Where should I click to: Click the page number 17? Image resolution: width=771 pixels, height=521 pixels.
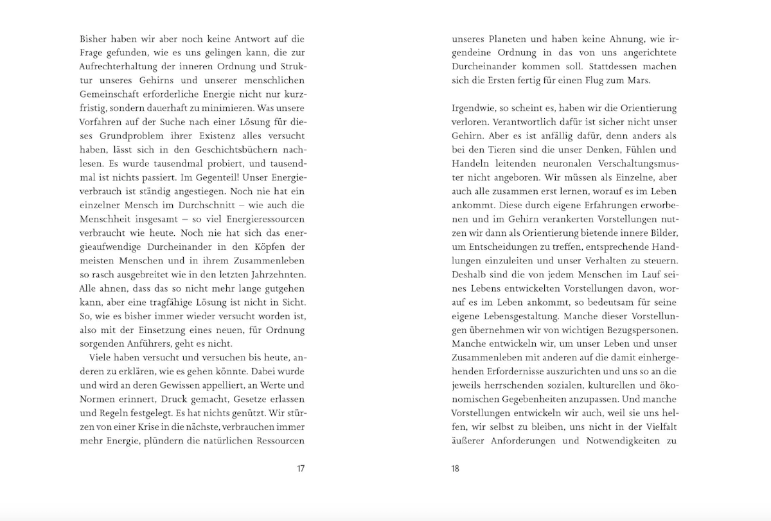300,468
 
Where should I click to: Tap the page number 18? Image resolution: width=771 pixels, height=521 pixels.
455,468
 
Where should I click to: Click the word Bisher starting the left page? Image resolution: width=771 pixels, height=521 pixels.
94,38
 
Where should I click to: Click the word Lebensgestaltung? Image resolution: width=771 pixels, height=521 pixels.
520,317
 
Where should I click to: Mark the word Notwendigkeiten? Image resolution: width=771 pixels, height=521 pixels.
616,442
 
